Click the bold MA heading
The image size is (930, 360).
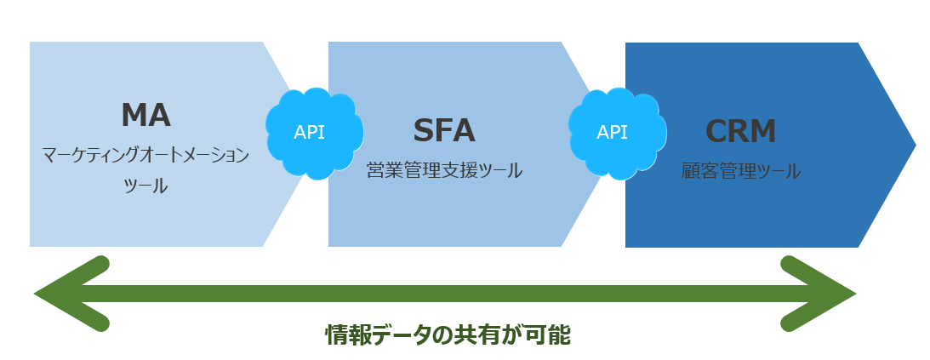click(x=145, y=115)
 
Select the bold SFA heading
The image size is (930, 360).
click(x=444, y=130)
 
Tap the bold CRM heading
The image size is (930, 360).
click(x=740, y=130)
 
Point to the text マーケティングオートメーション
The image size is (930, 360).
click(x=145, y=155)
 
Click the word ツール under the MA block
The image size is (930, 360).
click(x=145, y=186)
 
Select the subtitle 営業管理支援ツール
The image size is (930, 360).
click(x=444, y=170)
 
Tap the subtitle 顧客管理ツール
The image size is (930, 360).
click(x=740, y=170)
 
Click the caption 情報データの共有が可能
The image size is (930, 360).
click(x=448, y=334)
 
